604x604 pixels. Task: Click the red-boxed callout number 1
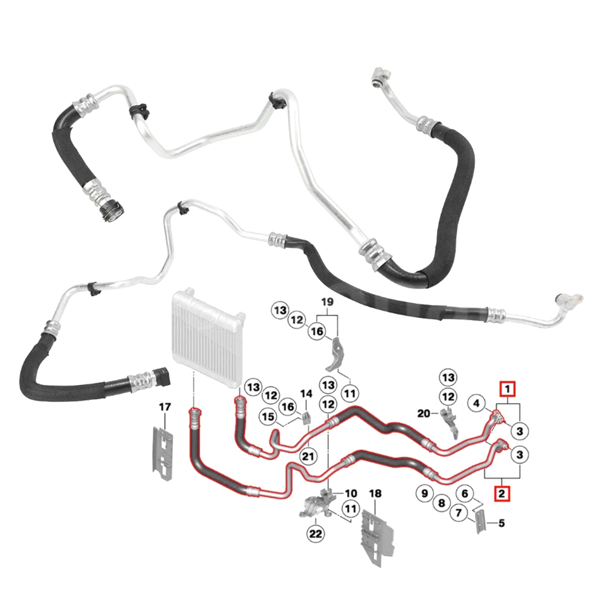tap(507, 389)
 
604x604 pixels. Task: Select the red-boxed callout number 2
tap(501, 493)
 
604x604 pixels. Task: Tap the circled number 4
tap(477, 403)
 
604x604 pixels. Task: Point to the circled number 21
tap(308, 456)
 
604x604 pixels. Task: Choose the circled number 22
tap(316, 533)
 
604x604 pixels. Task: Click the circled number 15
tap(269, 416)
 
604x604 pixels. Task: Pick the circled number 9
tap(425, 493)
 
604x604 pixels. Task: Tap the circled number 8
tap(442, 503)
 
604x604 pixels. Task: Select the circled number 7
tap(459, 513)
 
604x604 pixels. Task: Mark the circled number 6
tap(465, 494)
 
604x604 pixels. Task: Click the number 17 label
tap(165, 407)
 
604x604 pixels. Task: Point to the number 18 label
tap(375, 494)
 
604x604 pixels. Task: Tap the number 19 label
tap(327, 302)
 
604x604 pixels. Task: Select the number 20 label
tap(424, 413)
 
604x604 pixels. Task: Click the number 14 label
tap(307, 393)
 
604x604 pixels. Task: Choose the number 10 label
tap(351, 494)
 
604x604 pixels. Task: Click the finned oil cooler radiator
tap(208, 334)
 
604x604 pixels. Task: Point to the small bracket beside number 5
tap(481, 521)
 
